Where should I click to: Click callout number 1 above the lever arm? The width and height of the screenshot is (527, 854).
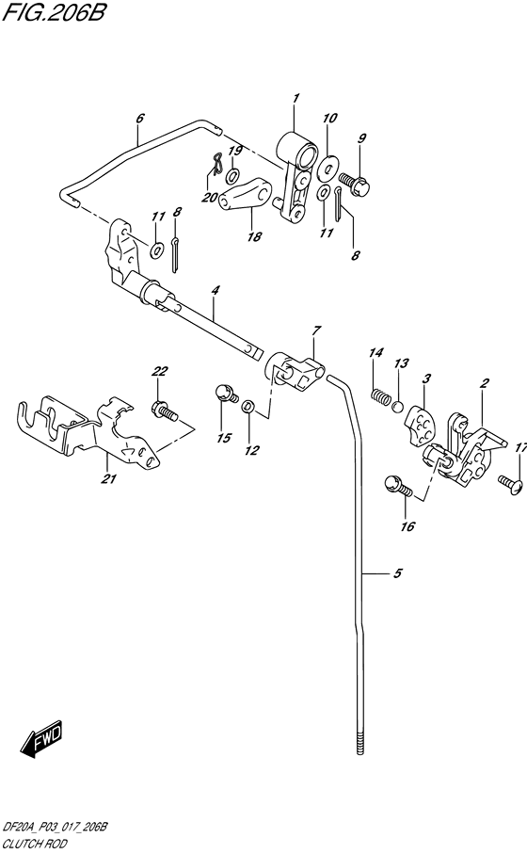click(x=295, y=98)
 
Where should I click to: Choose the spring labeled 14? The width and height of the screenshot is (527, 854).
click(x=380, y=397)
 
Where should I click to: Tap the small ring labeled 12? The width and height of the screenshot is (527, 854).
click(x=247, y=406)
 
